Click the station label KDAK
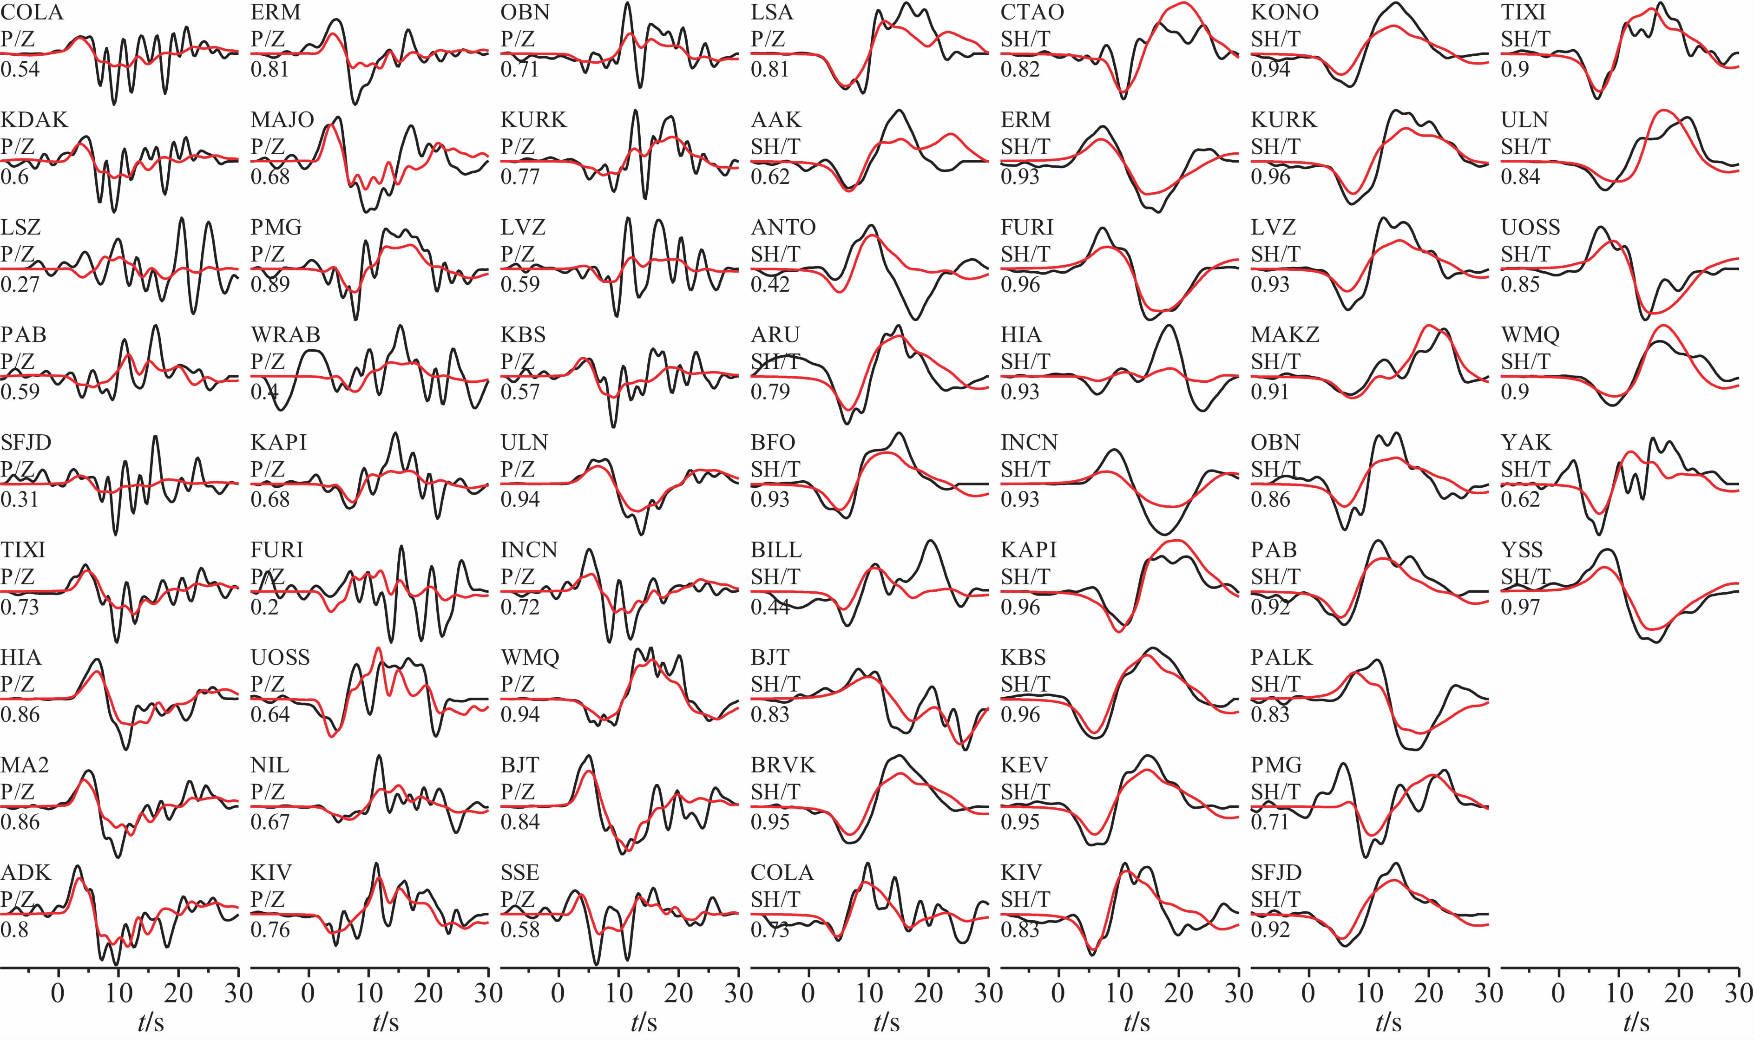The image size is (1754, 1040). (34, 120)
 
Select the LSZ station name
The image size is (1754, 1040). (21, 227)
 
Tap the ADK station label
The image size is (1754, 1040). (26, 872)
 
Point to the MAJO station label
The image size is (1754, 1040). (282, 120)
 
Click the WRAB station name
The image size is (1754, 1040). (285, 334)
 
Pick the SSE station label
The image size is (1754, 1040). (520, 872)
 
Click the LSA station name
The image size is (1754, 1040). (772, 12)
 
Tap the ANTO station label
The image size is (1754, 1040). (783, 227)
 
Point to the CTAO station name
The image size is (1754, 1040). (1032, 12)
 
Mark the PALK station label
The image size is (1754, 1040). (1281, 657)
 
